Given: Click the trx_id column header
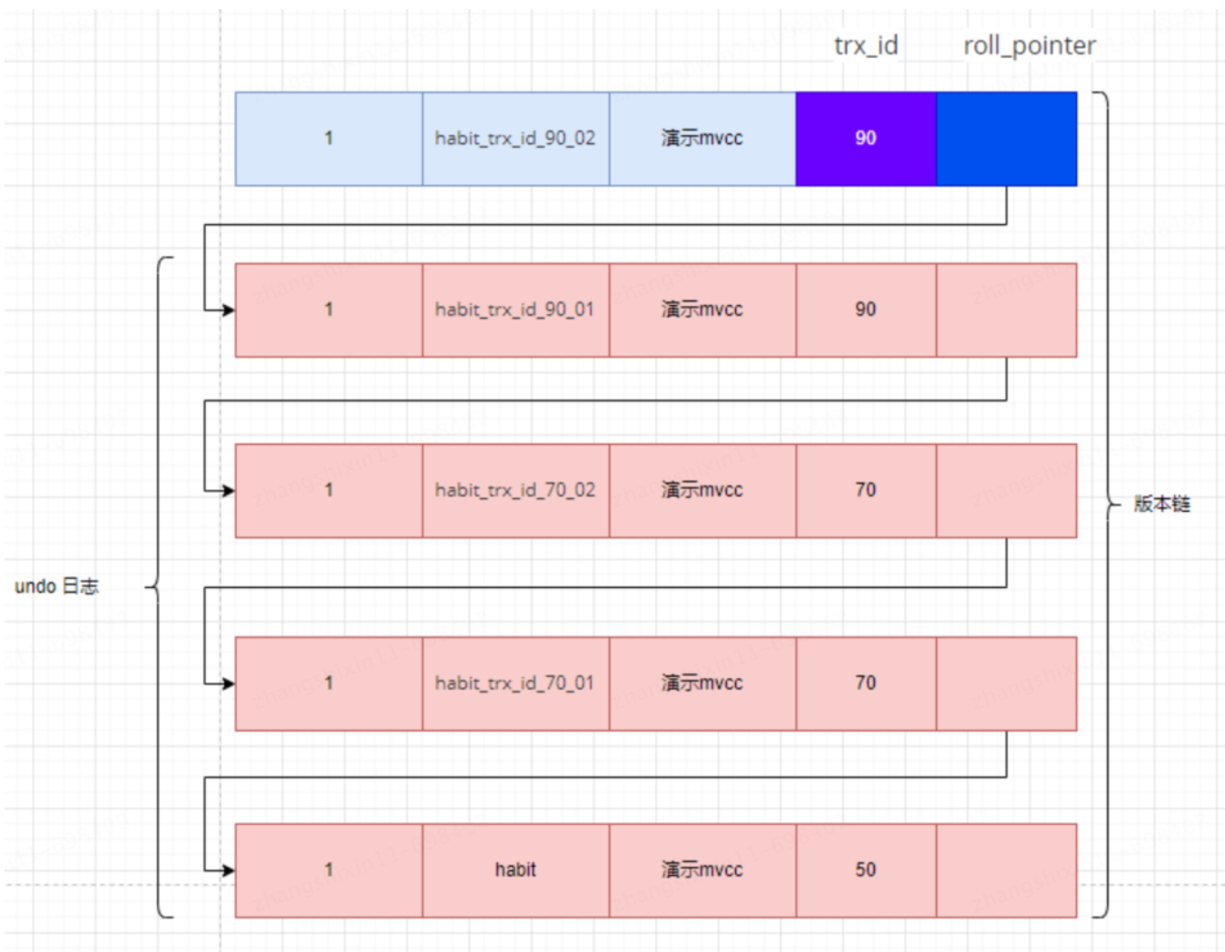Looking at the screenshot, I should click(866, 45).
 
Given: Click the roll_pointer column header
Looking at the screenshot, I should click(1029, 45).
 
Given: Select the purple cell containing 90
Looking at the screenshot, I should click(866, 139).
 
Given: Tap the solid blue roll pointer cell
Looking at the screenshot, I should click(1006, 139).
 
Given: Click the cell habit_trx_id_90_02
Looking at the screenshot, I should click(515, 139).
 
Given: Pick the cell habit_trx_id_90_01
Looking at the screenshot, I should click(515, 310).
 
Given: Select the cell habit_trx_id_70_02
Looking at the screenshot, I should click(515, 490).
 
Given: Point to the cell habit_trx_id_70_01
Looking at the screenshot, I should click(515, 683).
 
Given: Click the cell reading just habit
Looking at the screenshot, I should click(515, 870).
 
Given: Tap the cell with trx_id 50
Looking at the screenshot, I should click(866, 870).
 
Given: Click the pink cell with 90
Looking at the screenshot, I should click(866, 310).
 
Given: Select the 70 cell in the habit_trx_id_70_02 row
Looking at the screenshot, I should click(866, 490).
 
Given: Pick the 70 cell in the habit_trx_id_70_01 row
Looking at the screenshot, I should click(866, 683).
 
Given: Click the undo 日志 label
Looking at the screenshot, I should click(56, 587).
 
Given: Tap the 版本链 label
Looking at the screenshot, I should click(1161, 505).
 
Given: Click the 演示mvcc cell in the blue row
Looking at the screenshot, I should click(701, 139).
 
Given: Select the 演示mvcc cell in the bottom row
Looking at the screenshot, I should click(701, 870).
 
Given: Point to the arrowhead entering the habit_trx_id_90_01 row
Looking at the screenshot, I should click(228, 310).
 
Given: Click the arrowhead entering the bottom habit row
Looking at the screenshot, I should click(228, 870).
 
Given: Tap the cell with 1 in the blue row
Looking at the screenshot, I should click(328, 139).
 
